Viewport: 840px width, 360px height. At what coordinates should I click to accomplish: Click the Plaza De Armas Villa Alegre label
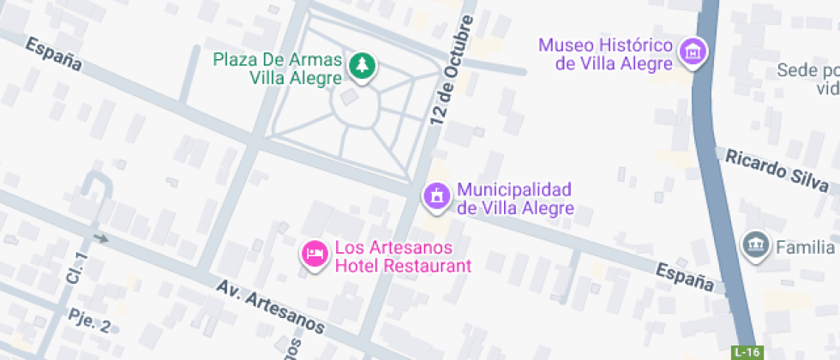(278, 69)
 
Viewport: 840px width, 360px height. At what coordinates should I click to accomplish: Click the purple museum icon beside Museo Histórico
(692, 51)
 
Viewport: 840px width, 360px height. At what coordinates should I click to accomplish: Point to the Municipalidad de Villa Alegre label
(514, 199)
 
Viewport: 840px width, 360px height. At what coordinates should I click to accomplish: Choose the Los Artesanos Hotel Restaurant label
(403, 256)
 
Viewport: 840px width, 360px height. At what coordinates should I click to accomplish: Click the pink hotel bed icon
(315, 254)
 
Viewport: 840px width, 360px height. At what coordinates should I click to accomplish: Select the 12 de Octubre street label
(453, 73)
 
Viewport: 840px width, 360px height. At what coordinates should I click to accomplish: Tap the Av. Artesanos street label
(270, 307)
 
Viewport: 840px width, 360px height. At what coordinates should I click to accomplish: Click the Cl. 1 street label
(78, 269)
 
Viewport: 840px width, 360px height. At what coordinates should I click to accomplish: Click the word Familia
(805, 248)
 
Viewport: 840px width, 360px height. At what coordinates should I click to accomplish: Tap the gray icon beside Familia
(755, 244)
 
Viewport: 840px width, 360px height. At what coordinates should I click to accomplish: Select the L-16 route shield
(747, 352)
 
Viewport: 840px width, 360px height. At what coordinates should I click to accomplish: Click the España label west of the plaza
(53, 53)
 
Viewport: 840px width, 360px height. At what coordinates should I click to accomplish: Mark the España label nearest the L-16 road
(685, 276)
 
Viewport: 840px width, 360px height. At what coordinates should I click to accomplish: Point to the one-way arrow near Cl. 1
(101, 237)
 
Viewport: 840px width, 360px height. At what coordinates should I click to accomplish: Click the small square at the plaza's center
(348, 98)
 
